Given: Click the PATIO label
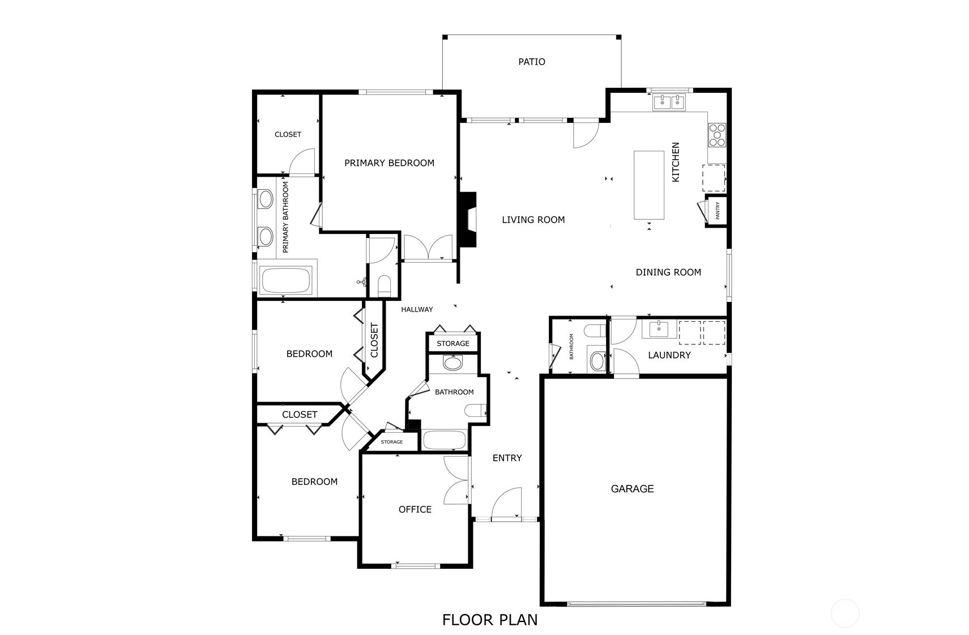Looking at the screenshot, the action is [x=532, y=62].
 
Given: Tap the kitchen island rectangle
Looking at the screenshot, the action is [x=649, y=185].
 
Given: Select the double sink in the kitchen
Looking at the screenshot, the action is [x=669, y=103].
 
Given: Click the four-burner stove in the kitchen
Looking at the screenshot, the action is [x=717, y=135].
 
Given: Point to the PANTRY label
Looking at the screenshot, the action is [x=718, y=211].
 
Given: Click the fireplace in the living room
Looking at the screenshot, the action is [x=468, y=220].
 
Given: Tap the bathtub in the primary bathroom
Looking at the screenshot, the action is [x=287, y=280].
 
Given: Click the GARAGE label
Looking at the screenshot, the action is [x=632, y=489].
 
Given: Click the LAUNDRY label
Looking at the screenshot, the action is [x=669, y=355].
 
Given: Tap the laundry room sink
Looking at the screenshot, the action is [x=659, y=329].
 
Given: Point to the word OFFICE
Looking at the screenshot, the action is [x=415, y=510].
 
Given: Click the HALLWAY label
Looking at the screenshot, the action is [x=417, y=310].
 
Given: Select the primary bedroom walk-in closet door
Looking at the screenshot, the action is [x=303, y=162].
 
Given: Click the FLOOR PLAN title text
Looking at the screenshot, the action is [x=490, y=620].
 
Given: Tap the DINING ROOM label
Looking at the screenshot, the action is [x=668, y=272].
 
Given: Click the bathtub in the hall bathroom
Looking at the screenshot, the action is [x=445, y=440].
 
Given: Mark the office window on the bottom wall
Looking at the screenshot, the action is [x=416, y=566].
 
